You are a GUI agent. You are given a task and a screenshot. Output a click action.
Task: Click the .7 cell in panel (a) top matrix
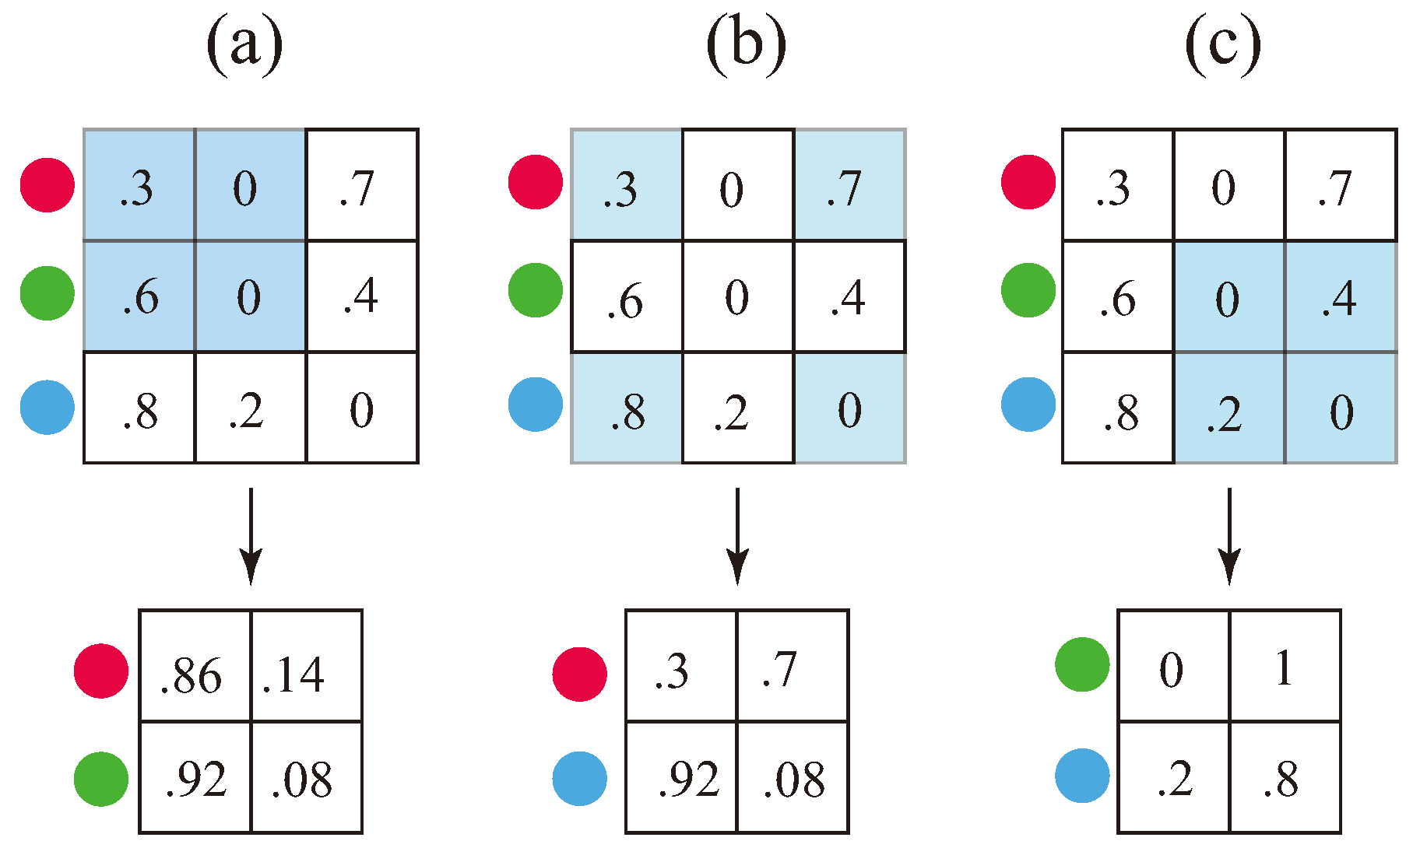tap(362, 185)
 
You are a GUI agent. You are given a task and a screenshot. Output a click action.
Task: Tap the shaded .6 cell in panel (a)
tap(139, 296)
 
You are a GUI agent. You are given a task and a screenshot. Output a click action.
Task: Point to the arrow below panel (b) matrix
tap(736, 537)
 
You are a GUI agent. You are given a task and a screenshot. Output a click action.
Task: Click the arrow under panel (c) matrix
tap(1228, 537)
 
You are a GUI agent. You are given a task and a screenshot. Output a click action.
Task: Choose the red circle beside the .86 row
tap(101, 671)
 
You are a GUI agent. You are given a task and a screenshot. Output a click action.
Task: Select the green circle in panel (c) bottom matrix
tap(1082, 664)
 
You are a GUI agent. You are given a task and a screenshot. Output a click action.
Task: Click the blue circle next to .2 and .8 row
tap(1082, 776)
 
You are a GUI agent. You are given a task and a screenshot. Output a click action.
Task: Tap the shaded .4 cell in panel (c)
tap(1340, 296)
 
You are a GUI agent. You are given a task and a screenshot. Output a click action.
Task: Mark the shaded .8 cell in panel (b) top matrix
tap(627, 408)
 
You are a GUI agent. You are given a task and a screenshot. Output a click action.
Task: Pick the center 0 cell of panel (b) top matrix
tap(737, 296)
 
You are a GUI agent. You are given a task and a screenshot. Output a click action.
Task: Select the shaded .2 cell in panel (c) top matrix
tap(1228, 408)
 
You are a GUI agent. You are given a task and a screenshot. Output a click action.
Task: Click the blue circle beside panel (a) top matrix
tap(47, 408)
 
